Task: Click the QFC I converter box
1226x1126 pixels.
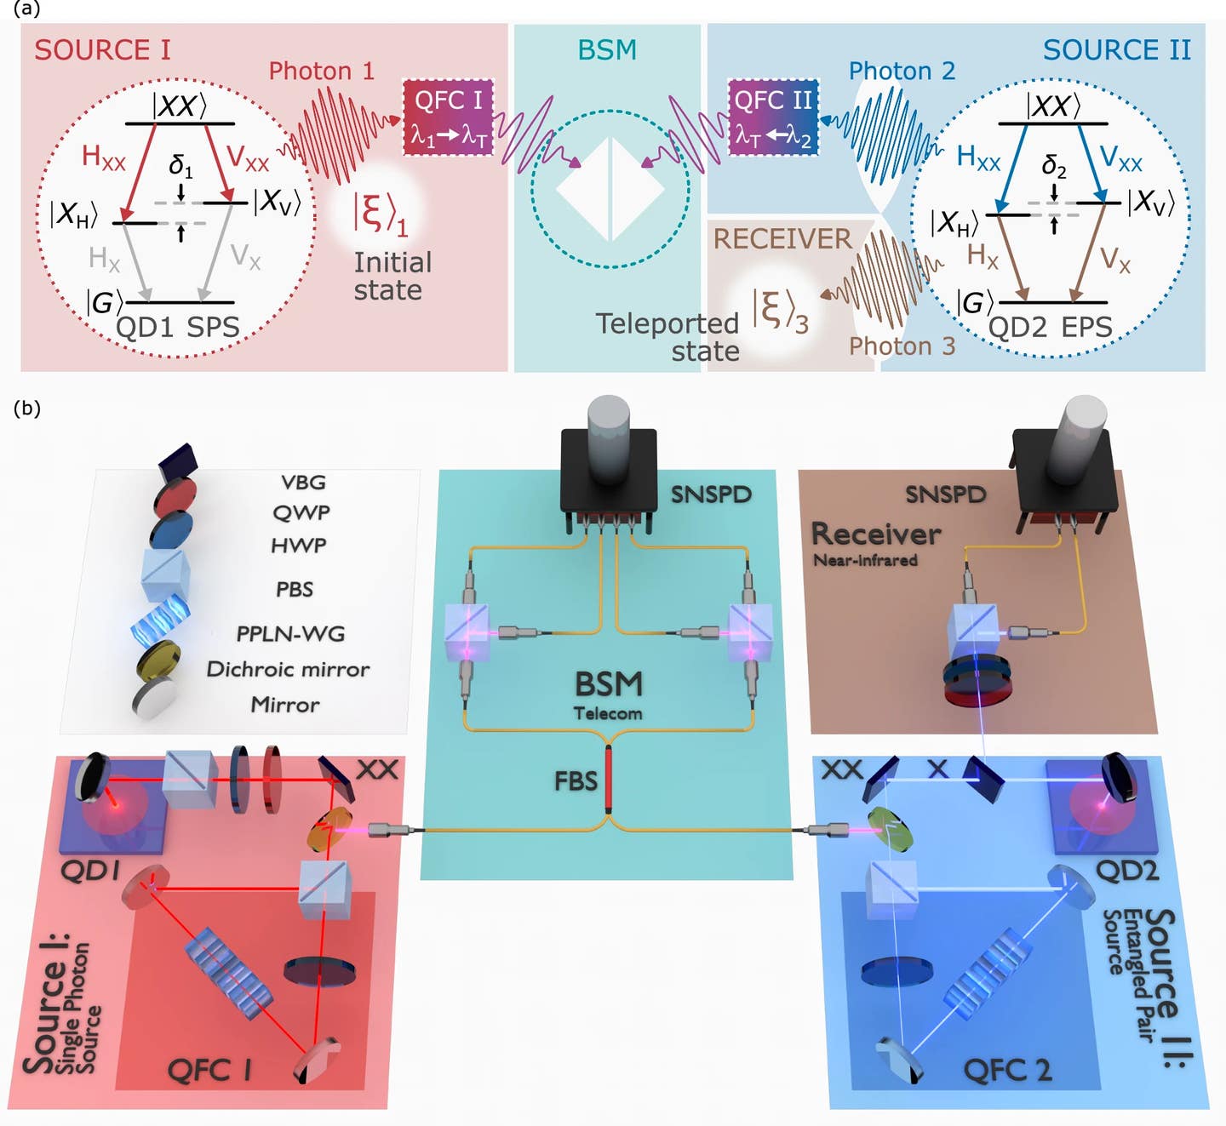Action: (x=448, y=117)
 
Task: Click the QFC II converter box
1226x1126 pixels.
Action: (x=773, y=117)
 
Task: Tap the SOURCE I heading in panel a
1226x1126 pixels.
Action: (x=102, y=50)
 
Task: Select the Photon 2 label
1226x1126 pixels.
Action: (x=902, y=71)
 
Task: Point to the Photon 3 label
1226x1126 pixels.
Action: (x=902, y=346)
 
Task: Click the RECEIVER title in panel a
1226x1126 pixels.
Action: (x=782, y=239)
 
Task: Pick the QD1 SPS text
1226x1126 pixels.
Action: (x=177, y=327)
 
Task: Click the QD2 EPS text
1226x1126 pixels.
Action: (x=1050, y=327)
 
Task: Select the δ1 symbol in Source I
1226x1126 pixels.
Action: (x=180, y=165)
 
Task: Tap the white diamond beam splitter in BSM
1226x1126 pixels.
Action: (x=610, y=189)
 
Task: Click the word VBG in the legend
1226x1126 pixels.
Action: (x=303, y=483)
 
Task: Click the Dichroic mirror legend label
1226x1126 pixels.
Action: (x=288, y=670)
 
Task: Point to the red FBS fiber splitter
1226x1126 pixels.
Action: (x=609, y=779)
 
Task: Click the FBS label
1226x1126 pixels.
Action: (x=576, y=780)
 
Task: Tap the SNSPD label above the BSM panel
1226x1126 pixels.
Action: (x=711, y=494)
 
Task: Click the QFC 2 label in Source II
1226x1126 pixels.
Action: (x=1006, y=1070)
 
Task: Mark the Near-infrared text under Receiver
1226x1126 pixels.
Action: (x=865, y=560)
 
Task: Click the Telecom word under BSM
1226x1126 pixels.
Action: (x=608, y=713)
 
